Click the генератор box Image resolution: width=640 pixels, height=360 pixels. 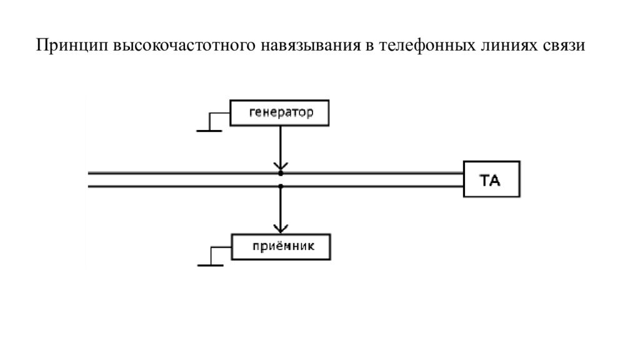pos(280,113)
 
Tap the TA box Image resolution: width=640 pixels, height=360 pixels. pos(491,180)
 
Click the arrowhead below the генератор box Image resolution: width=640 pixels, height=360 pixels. pos(281,165)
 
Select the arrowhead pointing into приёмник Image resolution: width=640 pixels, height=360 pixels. pos(281,228)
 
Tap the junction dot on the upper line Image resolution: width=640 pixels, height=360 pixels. pos(281,172)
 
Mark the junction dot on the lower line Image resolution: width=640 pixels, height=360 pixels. pos(281,186)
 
